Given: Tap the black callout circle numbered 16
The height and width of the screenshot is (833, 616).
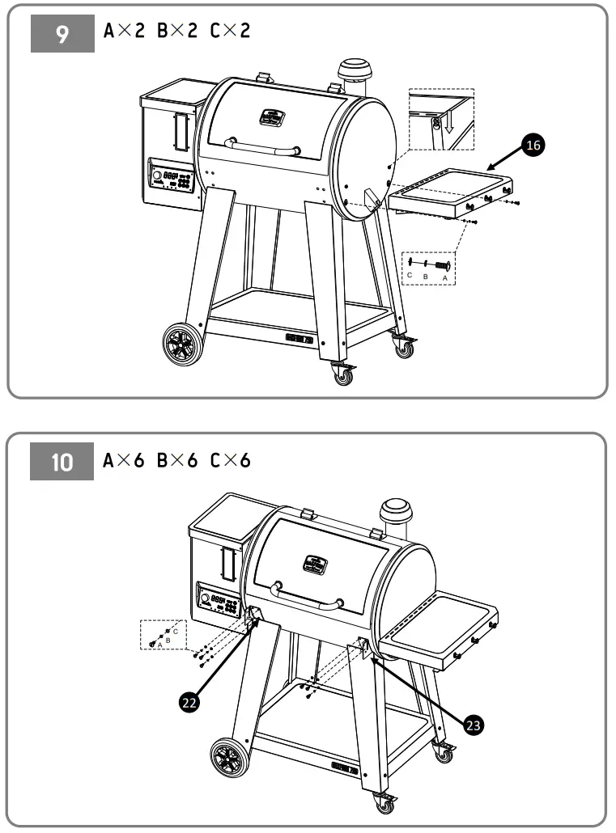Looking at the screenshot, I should coord(532,145).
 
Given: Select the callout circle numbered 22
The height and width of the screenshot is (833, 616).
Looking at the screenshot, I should coord(189,704).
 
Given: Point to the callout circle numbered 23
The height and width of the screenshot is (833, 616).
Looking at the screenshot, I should coord(474,725).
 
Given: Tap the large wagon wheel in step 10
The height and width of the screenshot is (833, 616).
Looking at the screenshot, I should coord(229,760).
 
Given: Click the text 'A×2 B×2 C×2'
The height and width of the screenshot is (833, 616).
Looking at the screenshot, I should coord(177,32).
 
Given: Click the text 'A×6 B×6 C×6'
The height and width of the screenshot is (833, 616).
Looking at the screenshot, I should coord(177,461).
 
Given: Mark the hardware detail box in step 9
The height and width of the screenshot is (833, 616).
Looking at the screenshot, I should coord(429,267).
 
